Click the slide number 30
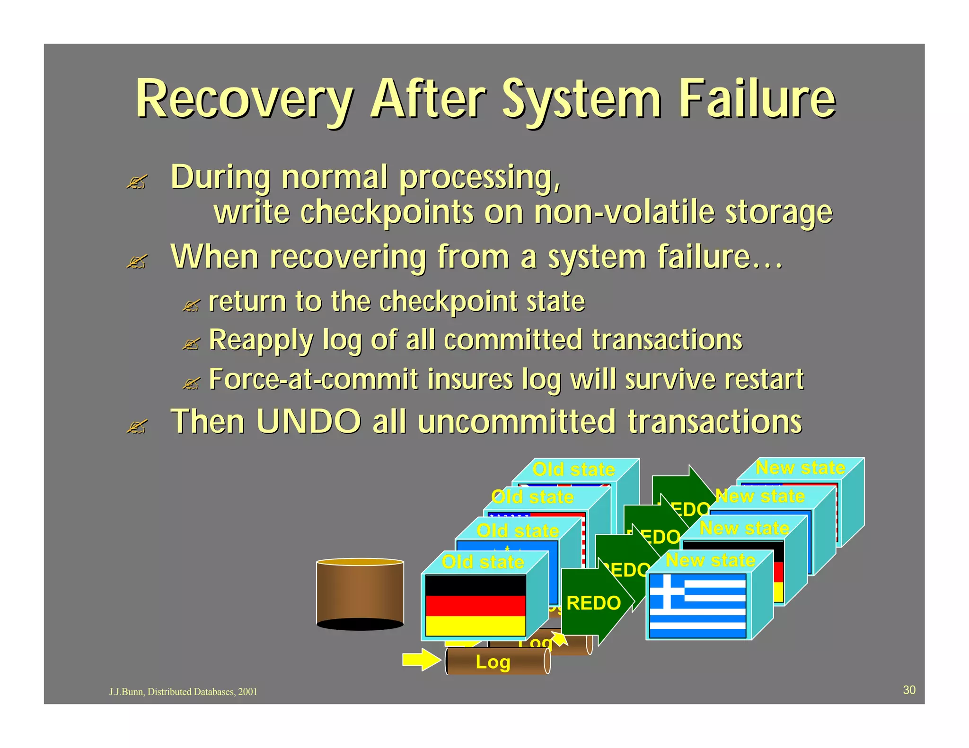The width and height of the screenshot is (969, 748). pyautogui.click(x=909, y=690)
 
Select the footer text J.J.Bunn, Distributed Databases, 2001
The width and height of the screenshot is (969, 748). pyautogui.click(x=183, y=692)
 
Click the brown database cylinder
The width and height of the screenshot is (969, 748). pyautogui.click(x=360, y=594)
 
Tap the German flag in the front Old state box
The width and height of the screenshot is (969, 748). pyautogui.click(x=476, y=605)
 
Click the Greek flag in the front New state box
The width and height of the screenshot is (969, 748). pyautogui.click(x=698, y=606)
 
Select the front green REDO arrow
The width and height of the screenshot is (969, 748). pyautogui.click(x=594, y=603)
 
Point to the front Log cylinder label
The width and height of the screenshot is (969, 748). pyautogui.click(x=493, y=662)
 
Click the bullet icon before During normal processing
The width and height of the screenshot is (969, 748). pyautogui.click(x=137, y=182)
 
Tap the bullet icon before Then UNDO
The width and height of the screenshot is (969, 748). pyautogui.click(x=137, y=426)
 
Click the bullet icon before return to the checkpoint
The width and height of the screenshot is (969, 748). pyautogui.click(x=191, y=305)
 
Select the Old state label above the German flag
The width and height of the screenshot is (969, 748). pyautogui.click(x=483, y=562)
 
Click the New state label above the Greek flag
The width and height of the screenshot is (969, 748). pyautogui.click(x=710, y=560)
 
